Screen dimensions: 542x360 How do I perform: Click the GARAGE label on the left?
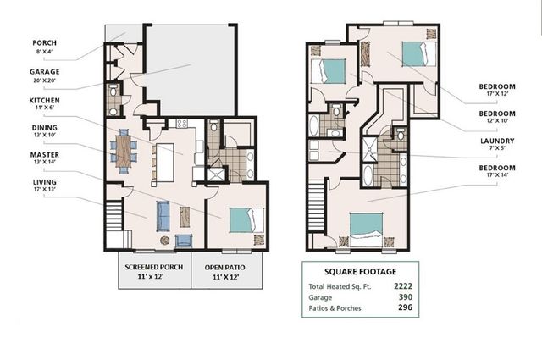[45, 72]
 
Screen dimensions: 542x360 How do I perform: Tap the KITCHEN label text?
[44, 101]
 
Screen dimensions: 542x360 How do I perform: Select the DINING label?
[45, 128]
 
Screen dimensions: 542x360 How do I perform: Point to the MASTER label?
[45, 155]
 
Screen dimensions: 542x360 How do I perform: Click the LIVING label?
[45, 182]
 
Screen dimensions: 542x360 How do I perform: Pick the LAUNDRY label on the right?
[497, 141]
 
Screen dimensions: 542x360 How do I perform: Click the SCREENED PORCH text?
[154, 268]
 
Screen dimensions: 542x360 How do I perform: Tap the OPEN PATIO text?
[225, 268]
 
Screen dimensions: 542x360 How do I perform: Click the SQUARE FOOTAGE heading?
[361, 272]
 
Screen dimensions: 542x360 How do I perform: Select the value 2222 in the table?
[403, 286]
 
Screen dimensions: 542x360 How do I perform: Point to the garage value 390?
[406, 297]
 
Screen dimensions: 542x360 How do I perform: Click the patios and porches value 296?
[406, 307]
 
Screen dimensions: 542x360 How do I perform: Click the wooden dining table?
[124, 151]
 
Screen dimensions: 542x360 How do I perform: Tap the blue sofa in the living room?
[163, 216]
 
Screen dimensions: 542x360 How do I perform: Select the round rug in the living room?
[164, 241]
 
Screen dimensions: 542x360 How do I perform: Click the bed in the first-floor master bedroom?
[246, 220]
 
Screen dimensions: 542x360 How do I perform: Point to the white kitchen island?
[165, 163]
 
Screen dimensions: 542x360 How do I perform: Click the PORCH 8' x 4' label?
[45, 47]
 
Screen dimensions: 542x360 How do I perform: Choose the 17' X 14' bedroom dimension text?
[497, 175]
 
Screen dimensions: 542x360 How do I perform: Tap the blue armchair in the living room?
[184, 241]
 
